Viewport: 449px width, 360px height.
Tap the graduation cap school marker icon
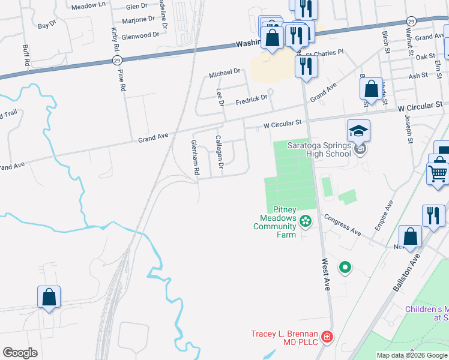tap(358, 131)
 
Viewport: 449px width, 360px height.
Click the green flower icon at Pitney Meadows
tap(306, 221)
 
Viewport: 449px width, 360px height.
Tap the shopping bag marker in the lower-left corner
tap(49, 297)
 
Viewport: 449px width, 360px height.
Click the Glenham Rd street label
tap(194, 158)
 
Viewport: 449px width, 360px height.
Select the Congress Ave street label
tap(343, 224)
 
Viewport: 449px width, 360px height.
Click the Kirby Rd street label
tap(114, 38)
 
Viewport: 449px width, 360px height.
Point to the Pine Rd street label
tap(122, 80)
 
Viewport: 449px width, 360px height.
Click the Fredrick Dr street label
tap(250, 98)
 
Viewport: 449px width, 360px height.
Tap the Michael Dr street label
tap(224, 74)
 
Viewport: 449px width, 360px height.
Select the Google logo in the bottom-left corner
tap(20, 353)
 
